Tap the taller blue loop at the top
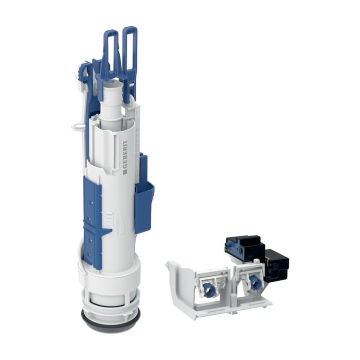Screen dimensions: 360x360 click(130, 49)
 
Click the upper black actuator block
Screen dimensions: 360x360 click(243, 246)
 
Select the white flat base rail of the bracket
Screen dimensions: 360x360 click(226, 309)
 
